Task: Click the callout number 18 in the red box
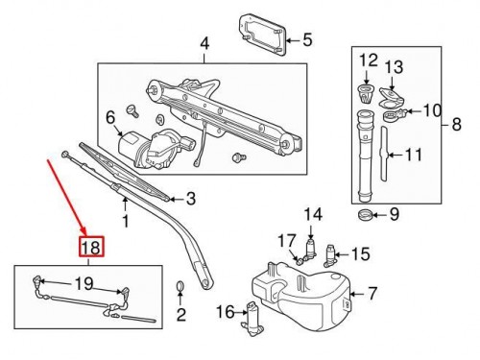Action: tap(90, 248)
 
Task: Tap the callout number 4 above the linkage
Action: tap(204, 43)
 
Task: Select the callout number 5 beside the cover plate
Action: tap(307, 40)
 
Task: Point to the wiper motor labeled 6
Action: tap(146, 144)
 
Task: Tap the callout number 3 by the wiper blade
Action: tap(190, 199)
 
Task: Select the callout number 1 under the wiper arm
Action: tap(124, 223)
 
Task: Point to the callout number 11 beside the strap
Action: tap(414, 154)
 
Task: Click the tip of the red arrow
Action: tap(85, 234)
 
